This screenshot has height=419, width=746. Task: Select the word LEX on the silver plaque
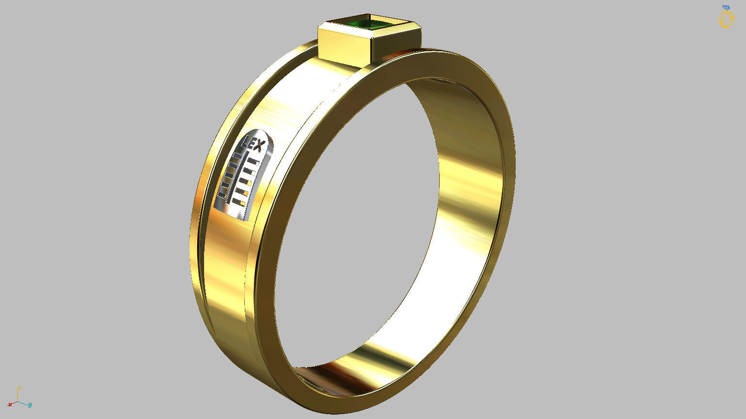pyautogui.click(x=254, y=145)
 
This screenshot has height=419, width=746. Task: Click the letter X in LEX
pyautogui.click(x=259, y=146)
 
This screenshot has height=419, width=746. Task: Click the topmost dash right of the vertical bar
pyautogui.click(x=253, y=161)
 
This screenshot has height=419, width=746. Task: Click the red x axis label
pyautogui.click(x=10, y=404)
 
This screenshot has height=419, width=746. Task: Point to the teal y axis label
pyautogui.click(x=30, y=404)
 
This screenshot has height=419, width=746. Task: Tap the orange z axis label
pyautogui.click(x=19, y=388)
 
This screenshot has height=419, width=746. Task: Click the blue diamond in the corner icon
pyautogui.click(x=726, y=8)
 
